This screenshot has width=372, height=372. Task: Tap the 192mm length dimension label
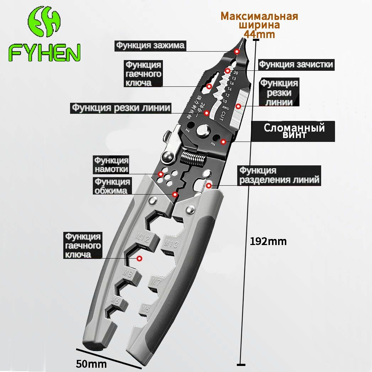tap(268, 241)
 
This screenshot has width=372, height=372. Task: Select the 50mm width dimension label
tap(91, 364)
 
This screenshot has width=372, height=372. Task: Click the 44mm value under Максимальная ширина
tap(259, 34)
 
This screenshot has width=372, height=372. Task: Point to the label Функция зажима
tap(150, 46)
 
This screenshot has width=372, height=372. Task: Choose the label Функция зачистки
tap(296, 64)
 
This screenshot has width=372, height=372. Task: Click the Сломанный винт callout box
tap(294, 131)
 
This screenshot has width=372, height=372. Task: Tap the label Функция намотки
tap(111, 165)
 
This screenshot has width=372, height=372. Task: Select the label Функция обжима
tap(112, 186)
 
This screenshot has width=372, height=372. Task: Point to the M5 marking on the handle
tap(145, 309)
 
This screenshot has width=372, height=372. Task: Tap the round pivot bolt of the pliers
tap(204, 130)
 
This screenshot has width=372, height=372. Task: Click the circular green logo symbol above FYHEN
tap(44, 23)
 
